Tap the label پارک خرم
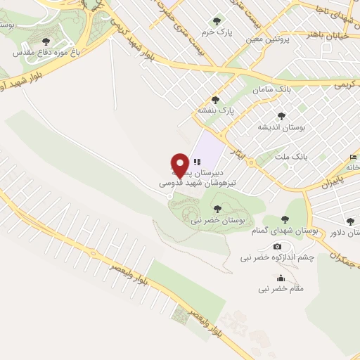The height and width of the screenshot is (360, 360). coord(215,32)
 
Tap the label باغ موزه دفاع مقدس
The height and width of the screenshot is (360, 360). coord(46,51)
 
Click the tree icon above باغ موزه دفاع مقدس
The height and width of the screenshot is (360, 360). coord(46,41)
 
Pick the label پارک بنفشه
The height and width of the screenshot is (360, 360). coord(215,110)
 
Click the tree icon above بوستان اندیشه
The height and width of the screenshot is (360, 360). coord(282,116)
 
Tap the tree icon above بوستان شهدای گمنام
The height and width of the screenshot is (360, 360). coord(285,219)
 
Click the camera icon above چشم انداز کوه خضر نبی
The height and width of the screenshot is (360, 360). coord(277,246)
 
